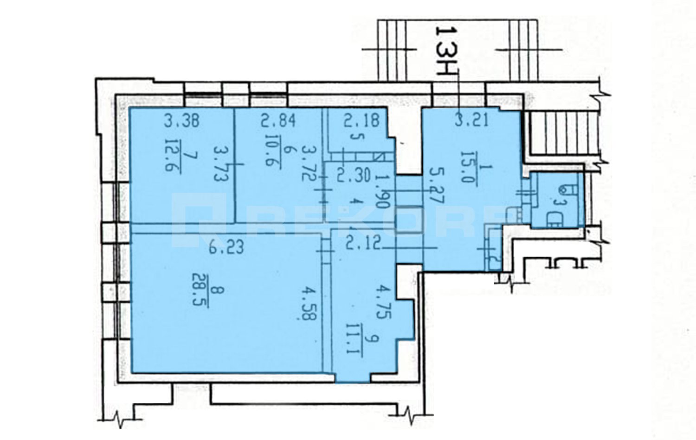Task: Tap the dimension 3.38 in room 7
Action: click(182, 121)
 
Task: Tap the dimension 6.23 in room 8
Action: click(226, 248)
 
